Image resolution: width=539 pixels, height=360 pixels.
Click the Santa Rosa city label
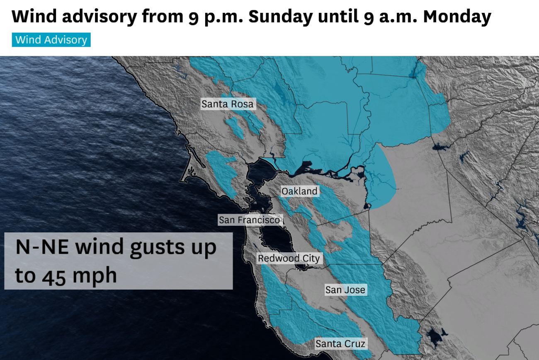pos(227,104)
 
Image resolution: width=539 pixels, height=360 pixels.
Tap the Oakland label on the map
pos(299,191)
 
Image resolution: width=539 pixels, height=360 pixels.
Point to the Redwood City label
pos(289,259)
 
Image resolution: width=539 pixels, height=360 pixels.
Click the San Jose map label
pos(345,290)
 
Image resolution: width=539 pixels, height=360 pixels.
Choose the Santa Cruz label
pos(340,343)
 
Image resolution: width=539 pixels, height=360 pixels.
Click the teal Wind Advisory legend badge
pos(51,40)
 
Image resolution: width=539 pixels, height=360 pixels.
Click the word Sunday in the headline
pos(281,17)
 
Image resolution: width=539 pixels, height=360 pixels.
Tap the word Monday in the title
pos(457,17)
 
